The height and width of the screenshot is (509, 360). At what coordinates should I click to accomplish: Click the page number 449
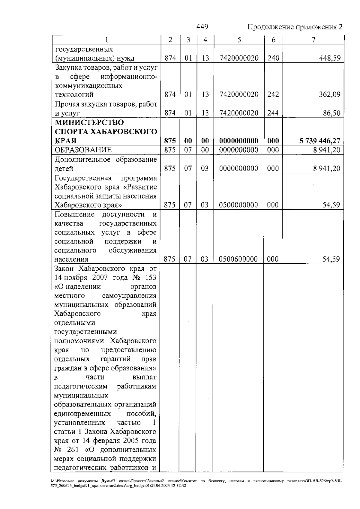point(202,27)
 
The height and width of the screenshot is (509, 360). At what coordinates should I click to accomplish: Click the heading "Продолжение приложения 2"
point(295,27)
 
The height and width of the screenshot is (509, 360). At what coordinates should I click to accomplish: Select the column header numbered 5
point(239,40)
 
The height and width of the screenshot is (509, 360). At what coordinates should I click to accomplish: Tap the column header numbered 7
point(313,40)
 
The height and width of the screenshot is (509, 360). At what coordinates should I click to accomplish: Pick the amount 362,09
point(329,94)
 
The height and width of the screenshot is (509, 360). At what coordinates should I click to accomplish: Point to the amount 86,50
point(331,113)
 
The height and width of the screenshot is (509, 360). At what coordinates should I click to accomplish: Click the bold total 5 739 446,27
point(320,141)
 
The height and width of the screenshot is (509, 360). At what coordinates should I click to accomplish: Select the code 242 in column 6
point(273,94)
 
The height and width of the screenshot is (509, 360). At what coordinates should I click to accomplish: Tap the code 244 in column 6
point(273,113)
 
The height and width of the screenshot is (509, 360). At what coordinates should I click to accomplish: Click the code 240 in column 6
point(273,58)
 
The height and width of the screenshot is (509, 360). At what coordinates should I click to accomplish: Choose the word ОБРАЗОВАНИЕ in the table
point(83,150)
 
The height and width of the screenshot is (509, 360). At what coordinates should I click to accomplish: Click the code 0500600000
point(238,259)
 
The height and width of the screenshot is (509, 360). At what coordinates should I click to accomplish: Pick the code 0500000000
point(238,205)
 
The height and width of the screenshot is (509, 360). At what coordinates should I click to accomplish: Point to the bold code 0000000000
point(239,141)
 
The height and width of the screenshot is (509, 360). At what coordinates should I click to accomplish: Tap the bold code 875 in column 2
point(170,141)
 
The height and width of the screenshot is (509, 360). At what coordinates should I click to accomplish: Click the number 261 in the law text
point(71,450)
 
